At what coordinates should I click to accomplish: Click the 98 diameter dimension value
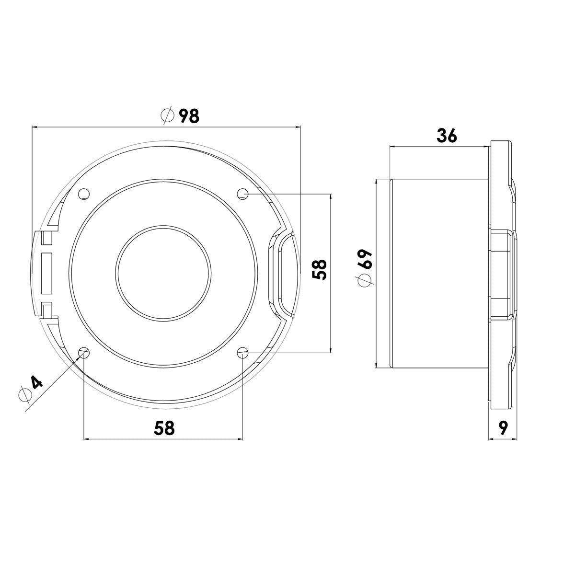189,116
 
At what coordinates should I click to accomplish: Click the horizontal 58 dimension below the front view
164,428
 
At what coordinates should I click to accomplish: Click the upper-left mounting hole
84,194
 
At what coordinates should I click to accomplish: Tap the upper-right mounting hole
243,194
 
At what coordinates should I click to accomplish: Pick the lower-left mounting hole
84,353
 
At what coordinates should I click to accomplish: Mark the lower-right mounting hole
243,353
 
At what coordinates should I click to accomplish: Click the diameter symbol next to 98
167,116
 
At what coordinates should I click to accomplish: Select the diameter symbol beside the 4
25,395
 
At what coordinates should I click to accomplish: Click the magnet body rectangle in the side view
440,273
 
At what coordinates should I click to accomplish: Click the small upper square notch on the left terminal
46,237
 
